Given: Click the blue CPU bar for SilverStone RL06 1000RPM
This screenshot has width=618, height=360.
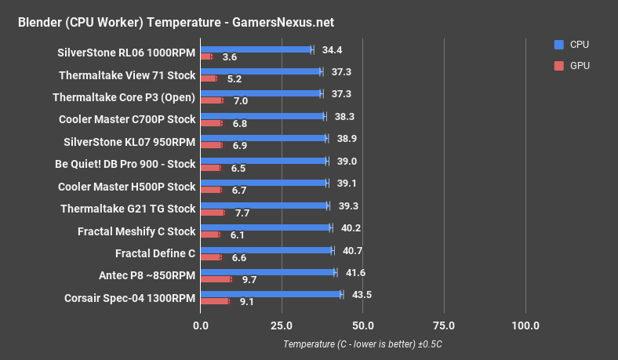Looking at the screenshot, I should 256,49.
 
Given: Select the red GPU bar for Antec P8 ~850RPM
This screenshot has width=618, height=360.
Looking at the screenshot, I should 216,279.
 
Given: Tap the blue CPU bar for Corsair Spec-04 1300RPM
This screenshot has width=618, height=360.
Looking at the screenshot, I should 271,295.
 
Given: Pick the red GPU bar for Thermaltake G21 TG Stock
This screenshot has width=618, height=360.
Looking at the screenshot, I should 213,213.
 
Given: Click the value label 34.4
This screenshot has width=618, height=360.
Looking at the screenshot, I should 334,49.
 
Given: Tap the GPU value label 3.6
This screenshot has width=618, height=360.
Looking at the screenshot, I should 230,57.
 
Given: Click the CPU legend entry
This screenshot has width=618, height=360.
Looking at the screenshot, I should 573,45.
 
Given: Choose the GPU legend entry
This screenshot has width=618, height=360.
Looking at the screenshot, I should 573,66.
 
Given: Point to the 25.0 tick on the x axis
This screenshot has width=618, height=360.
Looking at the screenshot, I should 282,325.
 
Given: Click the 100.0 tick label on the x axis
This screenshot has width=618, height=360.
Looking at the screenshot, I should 525,325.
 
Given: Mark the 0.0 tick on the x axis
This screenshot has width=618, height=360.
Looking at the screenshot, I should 201,325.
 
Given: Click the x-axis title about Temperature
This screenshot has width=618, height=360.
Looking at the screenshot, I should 363,344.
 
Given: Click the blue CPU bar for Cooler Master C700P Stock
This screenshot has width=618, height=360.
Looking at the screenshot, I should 263,116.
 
